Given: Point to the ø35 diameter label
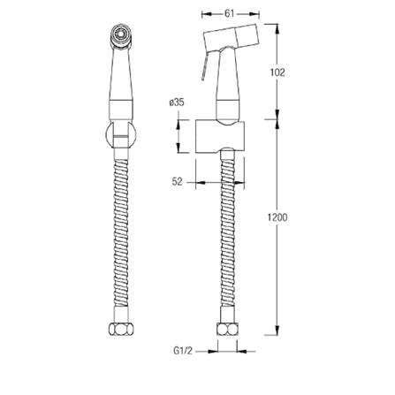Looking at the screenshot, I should click(x=177, y=103).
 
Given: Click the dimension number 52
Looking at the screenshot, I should click(x=178, y=181).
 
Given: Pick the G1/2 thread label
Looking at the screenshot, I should click(x=184, y=351).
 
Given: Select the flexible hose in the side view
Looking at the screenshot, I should click(x=229, y=239).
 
